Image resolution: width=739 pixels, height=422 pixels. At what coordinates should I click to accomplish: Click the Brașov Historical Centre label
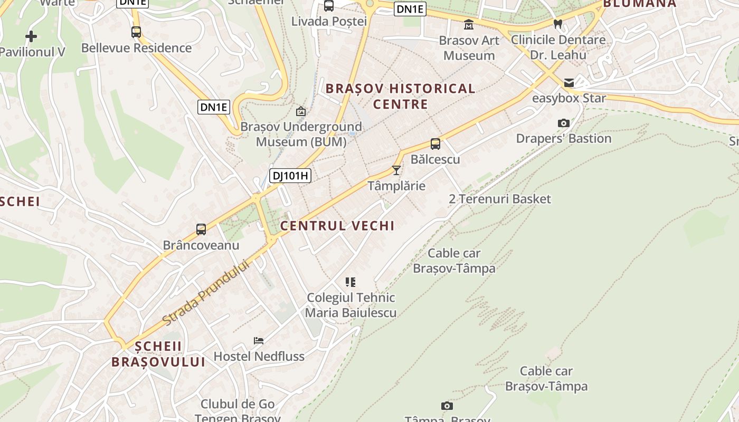coord(401,96)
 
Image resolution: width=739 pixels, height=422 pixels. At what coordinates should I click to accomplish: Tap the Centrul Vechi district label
coord(337,226)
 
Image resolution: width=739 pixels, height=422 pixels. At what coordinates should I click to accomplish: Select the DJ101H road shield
coord(290,176)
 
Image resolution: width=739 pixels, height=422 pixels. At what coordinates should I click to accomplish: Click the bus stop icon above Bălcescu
coord(435,143)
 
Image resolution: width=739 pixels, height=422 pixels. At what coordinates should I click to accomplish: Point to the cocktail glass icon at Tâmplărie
coord(396,170)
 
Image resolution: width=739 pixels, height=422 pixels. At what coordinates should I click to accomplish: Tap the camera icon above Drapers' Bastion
coord(564,123)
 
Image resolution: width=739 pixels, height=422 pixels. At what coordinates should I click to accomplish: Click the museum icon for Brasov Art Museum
coord(468,24)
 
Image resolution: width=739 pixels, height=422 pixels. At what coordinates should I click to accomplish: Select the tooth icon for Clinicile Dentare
coord(558,24)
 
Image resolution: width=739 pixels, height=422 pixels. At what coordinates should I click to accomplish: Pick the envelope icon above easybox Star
coord(569,82)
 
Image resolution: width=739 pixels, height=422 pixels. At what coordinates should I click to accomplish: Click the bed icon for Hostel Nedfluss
coord(259,341)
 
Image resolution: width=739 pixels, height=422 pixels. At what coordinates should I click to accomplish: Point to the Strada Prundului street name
coord(205,293)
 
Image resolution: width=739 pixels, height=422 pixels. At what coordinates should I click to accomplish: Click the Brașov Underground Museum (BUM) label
coord(301,134)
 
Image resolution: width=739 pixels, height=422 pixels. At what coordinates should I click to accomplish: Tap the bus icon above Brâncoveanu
coord(201,229)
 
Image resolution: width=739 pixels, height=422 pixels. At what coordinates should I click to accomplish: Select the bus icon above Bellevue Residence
coord(136,32)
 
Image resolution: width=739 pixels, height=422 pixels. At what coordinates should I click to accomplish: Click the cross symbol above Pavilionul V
coord(31,36)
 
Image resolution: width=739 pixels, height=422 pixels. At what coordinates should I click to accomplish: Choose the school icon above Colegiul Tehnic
coord(350,282)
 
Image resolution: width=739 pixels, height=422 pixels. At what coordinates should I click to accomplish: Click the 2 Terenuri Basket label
coord(499,199)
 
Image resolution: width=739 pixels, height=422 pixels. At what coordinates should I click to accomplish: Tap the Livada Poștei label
coord(329,21)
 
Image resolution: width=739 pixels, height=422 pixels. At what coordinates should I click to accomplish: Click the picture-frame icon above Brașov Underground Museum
coord(301,111)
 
